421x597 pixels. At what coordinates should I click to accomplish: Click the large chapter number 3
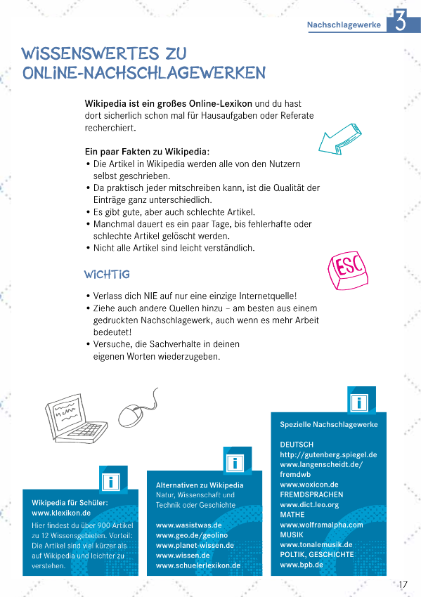pos(399,22)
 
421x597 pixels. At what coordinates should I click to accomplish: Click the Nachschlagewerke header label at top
pos(344,25)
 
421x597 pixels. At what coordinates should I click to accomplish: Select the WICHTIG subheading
pos(107,273)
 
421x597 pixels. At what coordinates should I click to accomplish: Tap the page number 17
pos(403,584)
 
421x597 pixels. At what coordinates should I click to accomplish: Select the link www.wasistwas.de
pos(188,525)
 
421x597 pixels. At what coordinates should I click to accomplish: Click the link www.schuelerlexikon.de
pos(198,565)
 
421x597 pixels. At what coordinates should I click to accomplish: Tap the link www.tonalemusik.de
pos(316,544)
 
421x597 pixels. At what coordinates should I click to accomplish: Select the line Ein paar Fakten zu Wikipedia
pos(147,151)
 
